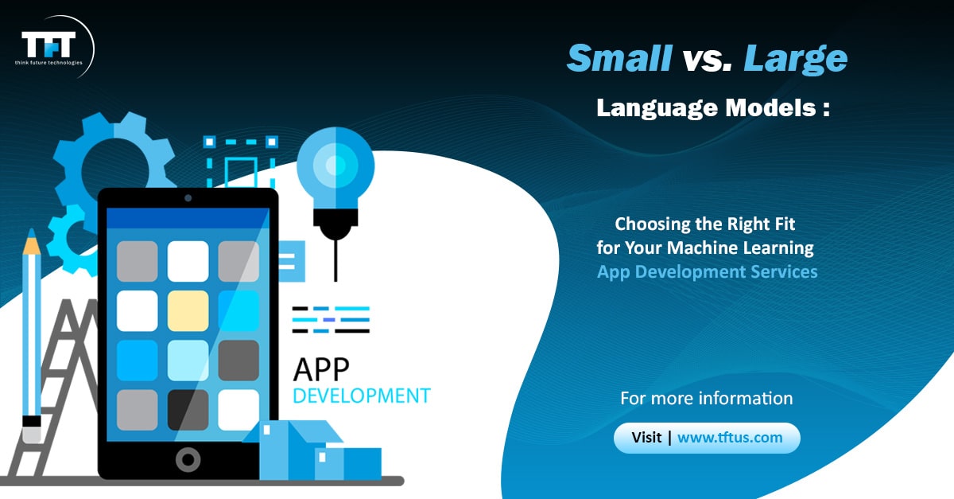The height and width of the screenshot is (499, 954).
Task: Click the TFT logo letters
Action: tap(48, 44)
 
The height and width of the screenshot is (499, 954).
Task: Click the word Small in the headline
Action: tap(619, 58)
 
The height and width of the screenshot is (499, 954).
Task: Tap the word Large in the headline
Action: tap(796, 60)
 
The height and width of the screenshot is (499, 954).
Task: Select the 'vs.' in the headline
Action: tap(708, 60)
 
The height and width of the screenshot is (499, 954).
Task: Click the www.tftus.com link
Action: tap(730, 438)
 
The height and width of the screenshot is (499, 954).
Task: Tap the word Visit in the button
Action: tap(646, 438)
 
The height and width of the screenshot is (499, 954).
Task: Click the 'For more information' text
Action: tap(707, 399)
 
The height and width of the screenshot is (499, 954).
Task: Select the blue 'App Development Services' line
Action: tap(708, 272)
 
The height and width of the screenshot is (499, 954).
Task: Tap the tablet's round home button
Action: tap(188, 459)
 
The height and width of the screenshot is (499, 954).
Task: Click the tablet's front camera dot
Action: tap(188, 198)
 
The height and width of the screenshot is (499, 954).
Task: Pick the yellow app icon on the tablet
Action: tap(188, 310)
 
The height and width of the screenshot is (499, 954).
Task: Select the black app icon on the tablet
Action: tap(188, 409)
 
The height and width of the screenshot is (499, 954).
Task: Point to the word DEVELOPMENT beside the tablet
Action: tap(362, 396)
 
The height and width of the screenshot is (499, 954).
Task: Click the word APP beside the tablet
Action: tap(321, 369)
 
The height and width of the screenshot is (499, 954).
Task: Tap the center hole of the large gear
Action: tap(115, 170)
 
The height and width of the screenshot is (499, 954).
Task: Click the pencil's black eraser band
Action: tap(32, 421)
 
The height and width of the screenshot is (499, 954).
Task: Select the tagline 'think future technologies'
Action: tap(48, 63)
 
